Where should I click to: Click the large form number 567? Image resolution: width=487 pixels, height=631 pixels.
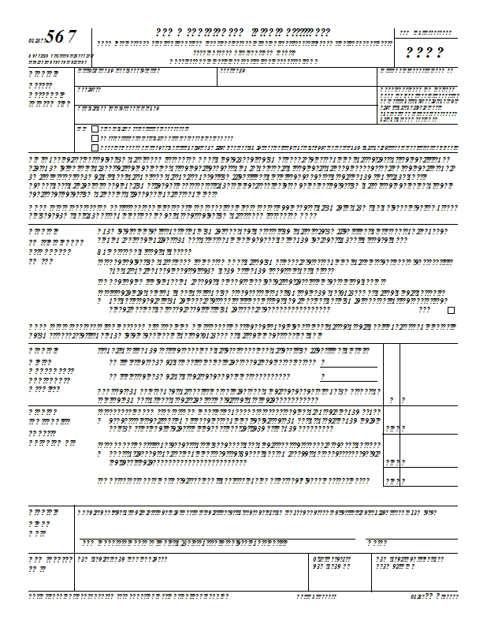[61, 36]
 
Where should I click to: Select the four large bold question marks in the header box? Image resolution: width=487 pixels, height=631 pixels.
[424, 54]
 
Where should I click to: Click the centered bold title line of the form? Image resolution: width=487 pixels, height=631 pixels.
[243, 32]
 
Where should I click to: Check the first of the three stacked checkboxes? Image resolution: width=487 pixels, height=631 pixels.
[95, 128]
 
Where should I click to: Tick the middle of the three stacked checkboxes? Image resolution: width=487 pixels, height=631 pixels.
[95, 137]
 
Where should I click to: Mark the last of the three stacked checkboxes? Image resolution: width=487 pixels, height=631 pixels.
[95, 147]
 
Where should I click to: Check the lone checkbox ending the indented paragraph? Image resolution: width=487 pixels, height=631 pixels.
[451, 311]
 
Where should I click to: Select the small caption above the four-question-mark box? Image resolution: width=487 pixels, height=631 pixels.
[426, 33]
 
